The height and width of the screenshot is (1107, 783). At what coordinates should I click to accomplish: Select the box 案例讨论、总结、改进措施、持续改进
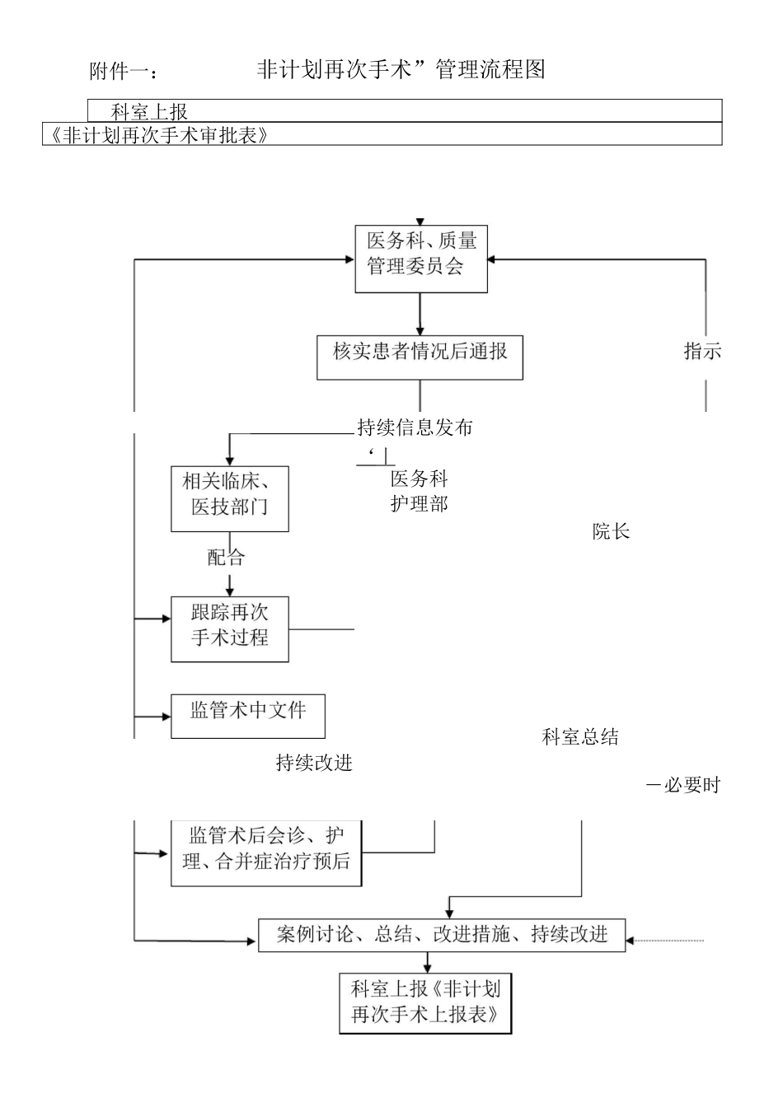442,935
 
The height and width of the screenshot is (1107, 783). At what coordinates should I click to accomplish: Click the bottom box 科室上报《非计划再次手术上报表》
425,1002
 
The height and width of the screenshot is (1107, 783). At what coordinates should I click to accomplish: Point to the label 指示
702,352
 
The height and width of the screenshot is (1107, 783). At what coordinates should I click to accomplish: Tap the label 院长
611,532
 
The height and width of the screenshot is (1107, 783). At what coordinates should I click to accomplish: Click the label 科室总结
580,737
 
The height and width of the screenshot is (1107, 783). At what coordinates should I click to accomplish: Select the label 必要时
692,786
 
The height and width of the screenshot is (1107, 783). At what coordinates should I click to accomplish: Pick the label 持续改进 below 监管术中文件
314,764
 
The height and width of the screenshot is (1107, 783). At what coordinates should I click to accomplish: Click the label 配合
226,558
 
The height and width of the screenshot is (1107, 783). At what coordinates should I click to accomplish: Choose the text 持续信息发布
415,428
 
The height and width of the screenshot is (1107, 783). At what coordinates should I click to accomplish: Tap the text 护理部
419,504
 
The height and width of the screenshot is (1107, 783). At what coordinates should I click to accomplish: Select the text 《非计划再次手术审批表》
157,135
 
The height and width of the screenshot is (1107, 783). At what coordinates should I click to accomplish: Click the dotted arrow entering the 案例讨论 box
666,940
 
